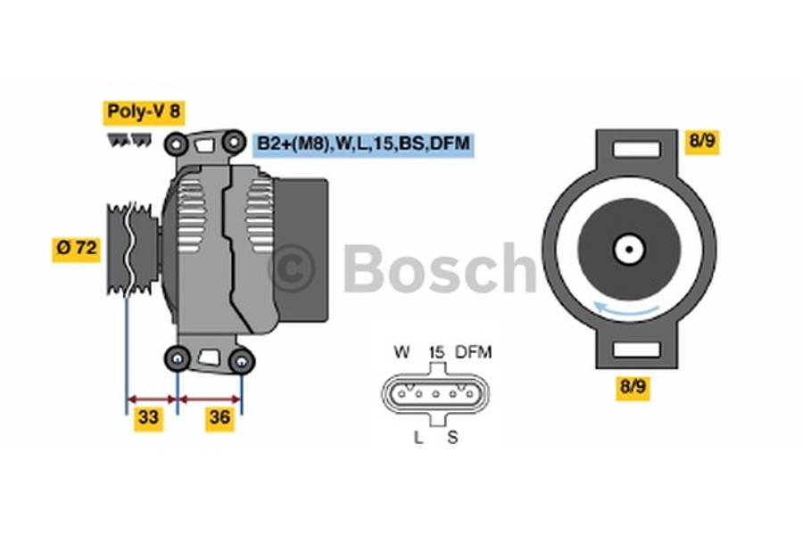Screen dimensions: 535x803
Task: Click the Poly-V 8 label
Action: click(144, 111)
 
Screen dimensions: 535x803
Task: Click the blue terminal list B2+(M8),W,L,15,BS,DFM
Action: click(363, 144)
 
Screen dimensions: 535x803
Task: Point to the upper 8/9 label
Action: click(702, 141)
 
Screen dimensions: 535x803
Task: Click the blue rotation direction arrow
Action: click(628, 310)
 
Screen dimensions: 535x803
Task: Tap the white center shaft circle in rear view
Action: click(629, 248)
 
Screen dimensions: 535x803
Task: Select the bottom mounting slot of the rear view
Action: click(629, 349)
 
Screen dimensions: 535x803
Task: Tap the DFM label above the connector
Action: click(473, 352)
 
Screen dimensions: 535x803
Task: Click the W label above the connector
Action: click(401, 352)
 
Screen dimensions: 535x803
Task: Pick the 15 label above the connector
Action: click(435, 352)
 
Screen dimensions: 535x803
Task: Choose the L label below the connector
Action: click(418, 437)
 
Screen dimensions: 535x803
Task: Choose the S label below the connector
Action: click(452, 437)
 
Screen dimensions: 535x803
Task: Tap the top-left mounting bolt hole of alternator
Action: click(177, 142)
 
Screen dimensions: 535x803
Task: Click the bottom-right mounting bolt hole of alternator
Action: click(240, 360)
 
